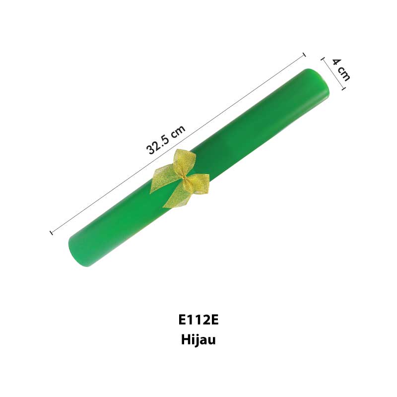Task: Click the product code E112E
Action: tap(198, 320)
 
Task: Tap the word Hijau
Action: tap(198, 339)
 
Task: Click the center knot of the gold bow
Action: tap(184, 178)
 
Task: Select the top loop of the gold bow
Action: tap(184, 163)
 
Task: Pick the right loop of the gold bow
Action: tap(198, 184)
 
